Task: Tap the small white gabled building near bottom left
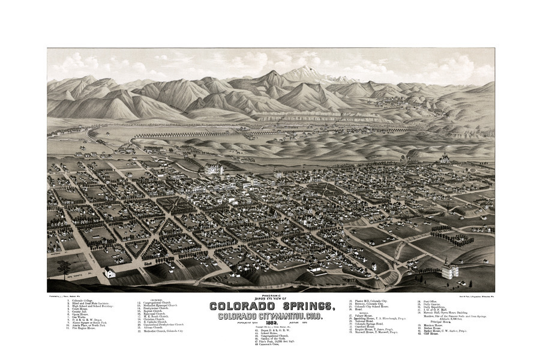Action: pos(110,273)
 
